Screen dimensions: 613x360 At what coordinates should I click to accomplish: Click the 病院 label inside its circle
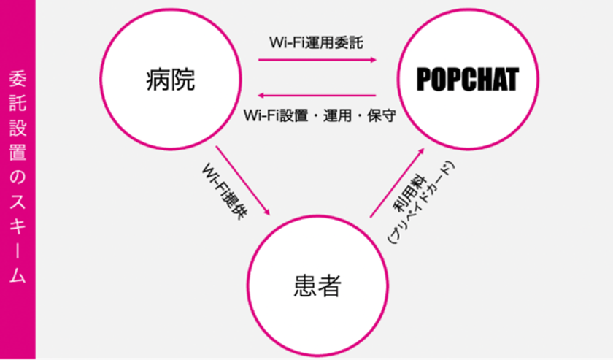point(171,80)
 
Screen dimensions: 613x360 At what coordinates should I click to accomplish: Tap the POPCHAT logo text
point(468,80)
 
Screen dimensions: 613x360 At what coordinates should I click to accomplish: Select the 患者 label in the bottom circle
point(317,286)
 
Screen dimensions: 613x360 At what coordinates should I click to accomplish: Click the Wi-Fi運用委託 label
point(316,42)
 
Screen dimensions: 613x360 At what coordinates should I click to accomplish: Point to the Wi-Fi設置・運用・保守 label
point(320,115)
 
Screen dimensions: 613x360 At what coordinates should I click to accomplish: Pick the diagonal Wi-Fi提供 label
point(225,191)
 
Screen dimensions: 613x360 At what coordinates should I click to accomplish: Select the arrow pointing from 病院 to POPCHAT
point(317,60)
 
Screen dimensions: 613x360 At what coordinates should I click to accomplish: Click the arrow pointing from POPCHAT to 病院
point(317,95)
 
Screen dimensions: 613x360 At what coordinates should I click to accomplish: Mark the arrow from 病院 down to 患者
point(243,181)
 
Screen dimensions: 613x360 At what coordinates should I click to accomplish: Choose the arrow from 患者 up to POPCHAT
point(397,183)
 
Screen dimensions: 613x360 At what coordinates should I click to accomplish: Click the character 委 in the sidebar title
point(18,79)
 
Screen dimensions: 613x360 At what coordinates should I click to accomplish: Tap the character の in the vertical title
point(18,177)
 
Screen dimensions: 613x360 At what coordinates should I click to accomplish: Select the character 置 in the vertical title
point(18,152)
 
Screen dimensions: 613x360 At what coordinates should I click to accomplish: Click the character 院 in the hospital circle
point(183,80)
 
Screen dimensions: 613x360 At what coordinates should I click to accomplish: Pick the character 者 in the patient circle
point(330,286)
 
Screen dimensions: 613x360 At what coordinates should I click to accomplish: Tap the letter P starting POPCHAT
point(423,80)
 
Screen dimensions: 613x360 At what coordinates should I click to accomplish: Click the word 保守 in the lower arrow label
point(382,115)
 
